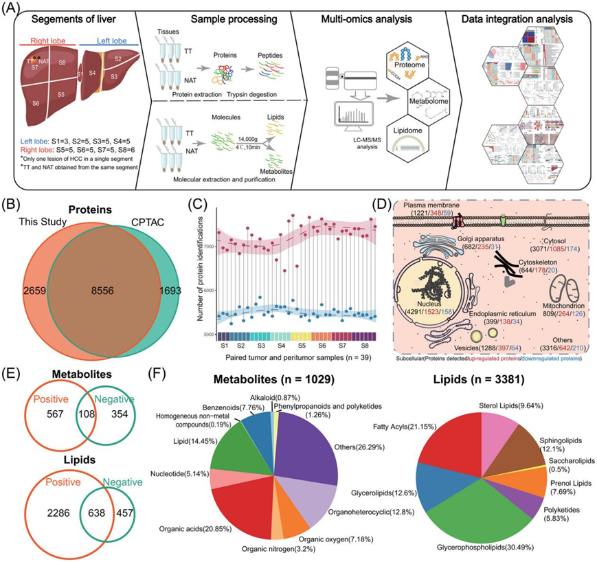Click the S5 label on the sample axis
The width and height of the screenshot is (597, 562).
(302, 347)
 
